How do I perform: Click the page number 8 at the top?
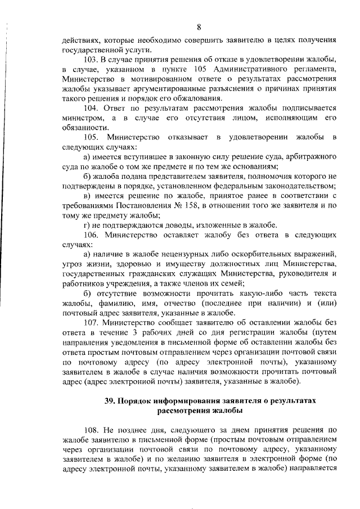click(x=199, y=26)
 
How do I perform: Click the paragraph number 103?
click(x=90, y=60)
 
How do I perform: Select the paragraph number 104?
click(x=90, y=108)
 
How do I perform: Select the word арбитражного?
click(x=309, y=156)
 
